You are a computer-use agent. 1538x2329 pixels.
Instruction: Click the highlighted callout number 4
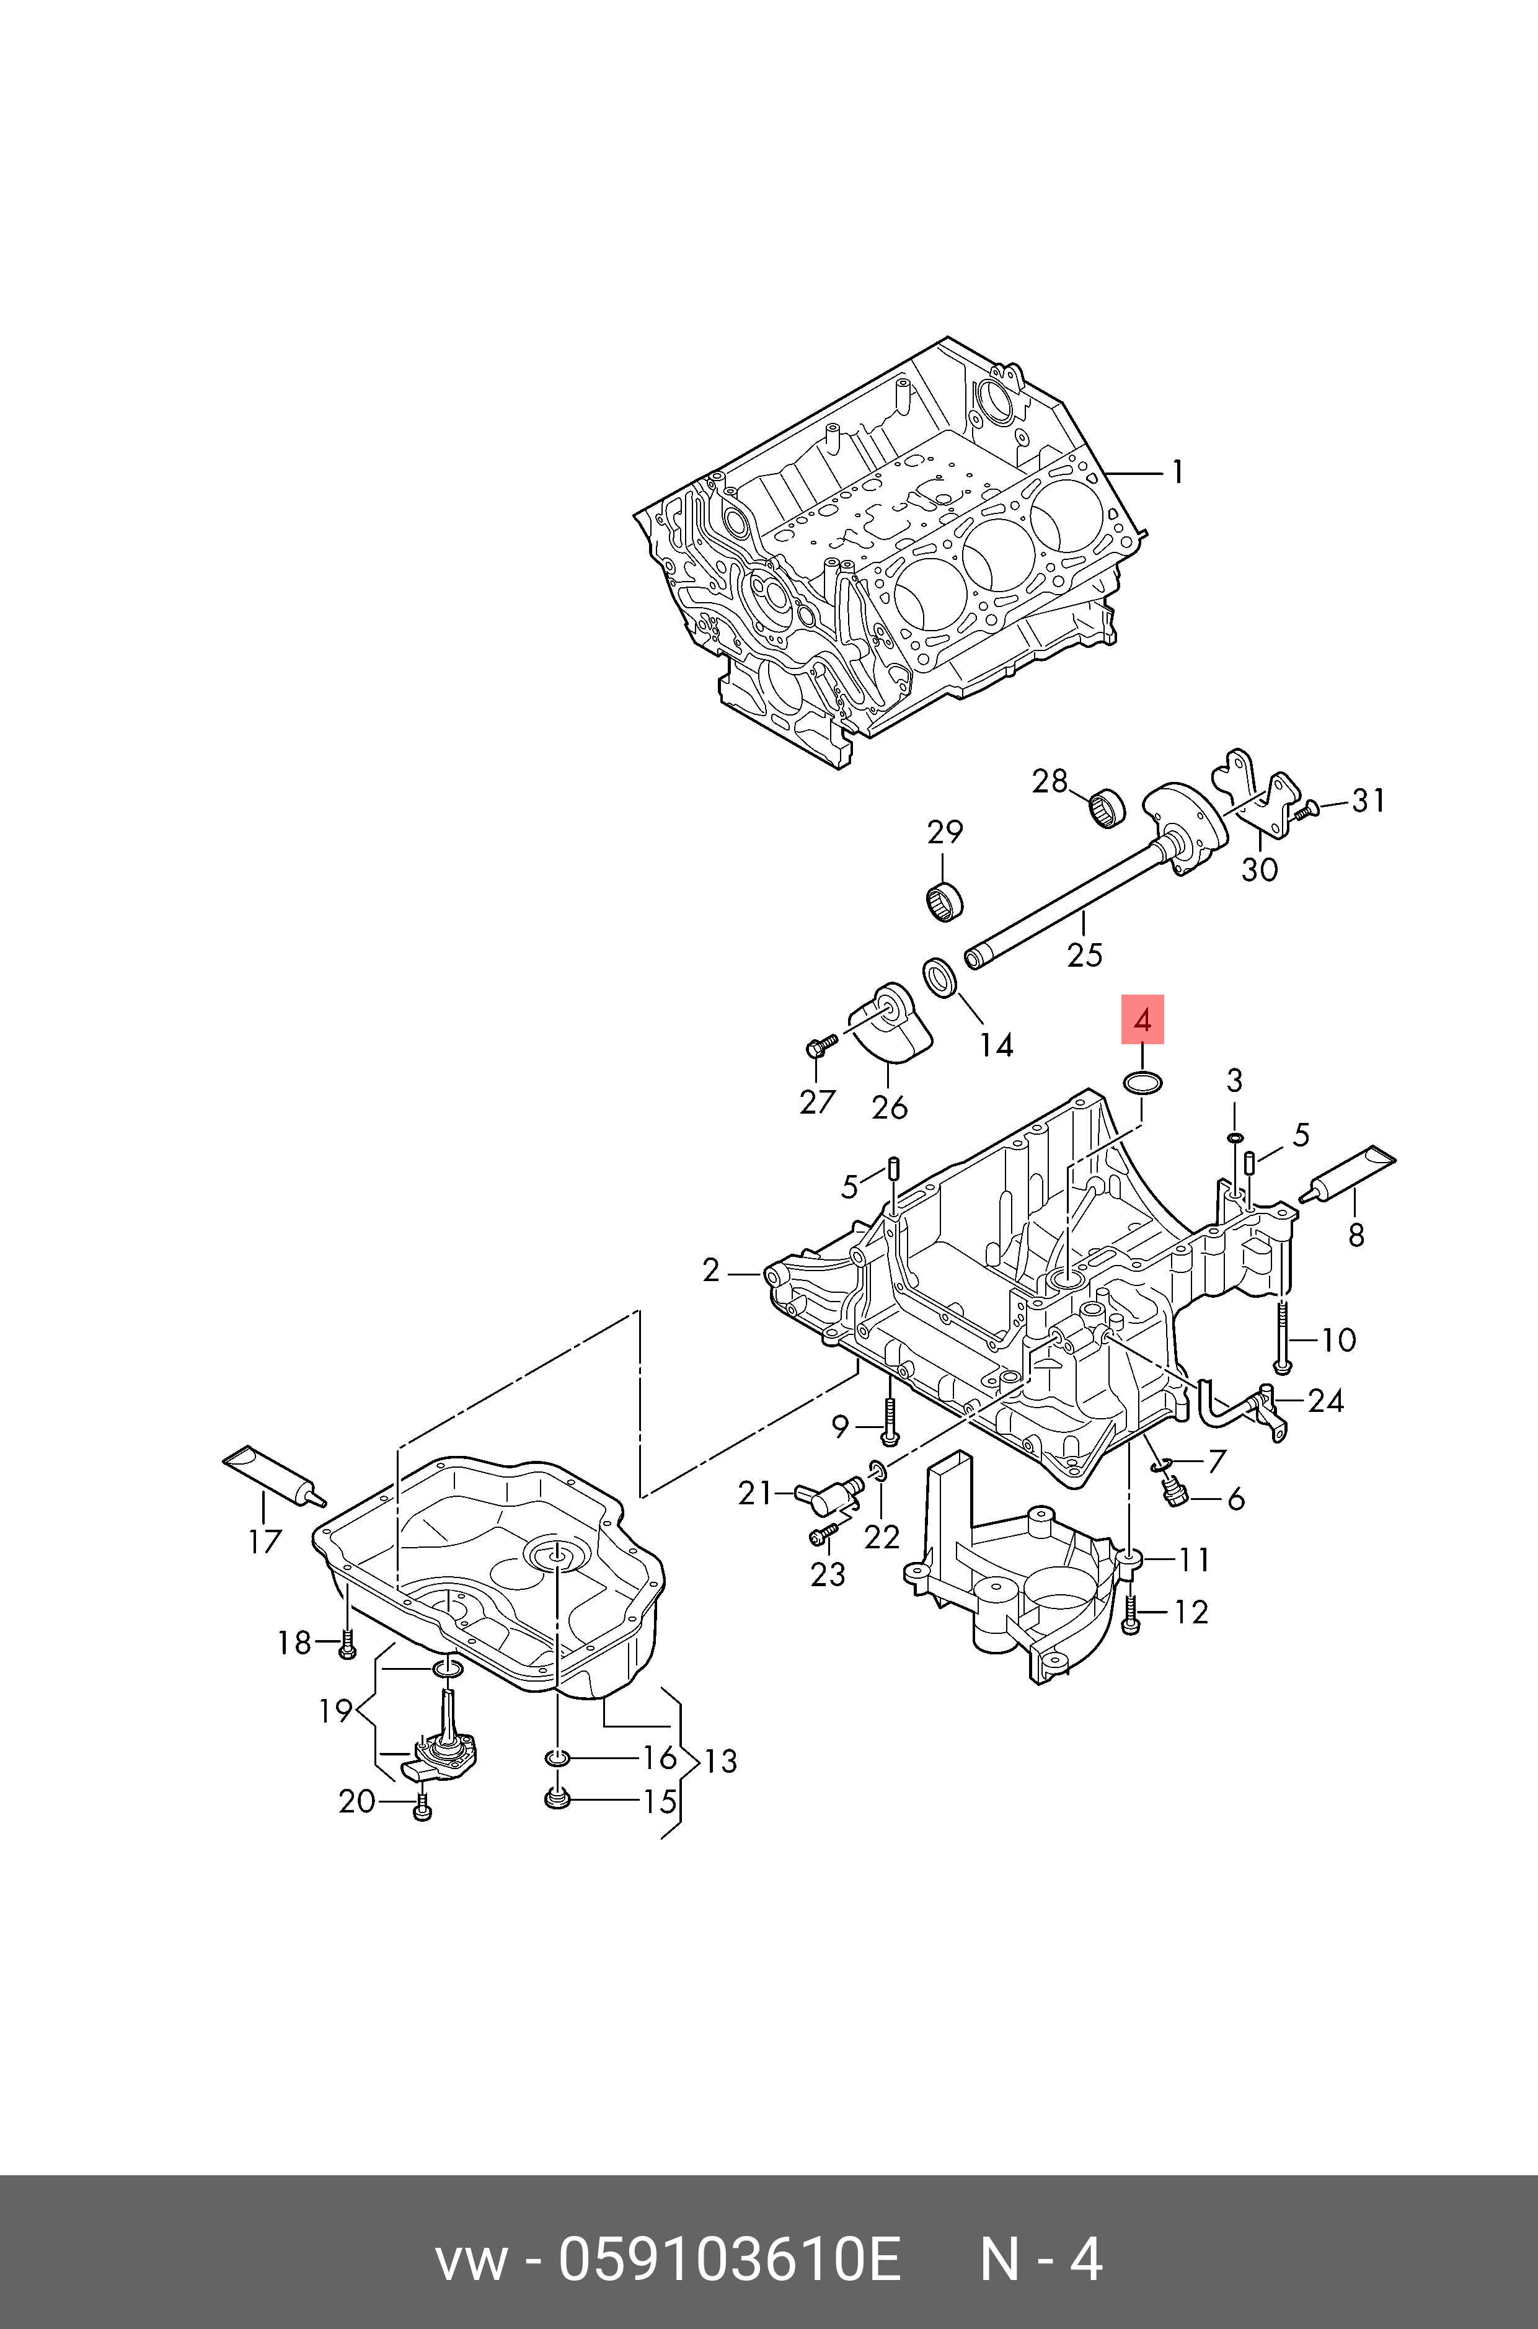[x=1142, y=1020]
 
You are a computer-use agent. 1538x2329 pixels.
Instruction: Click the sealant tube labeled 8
[x=1346, y=1174]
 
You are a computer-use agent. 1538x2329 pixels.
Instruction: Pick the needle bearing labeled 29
[x=945, y=900]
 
